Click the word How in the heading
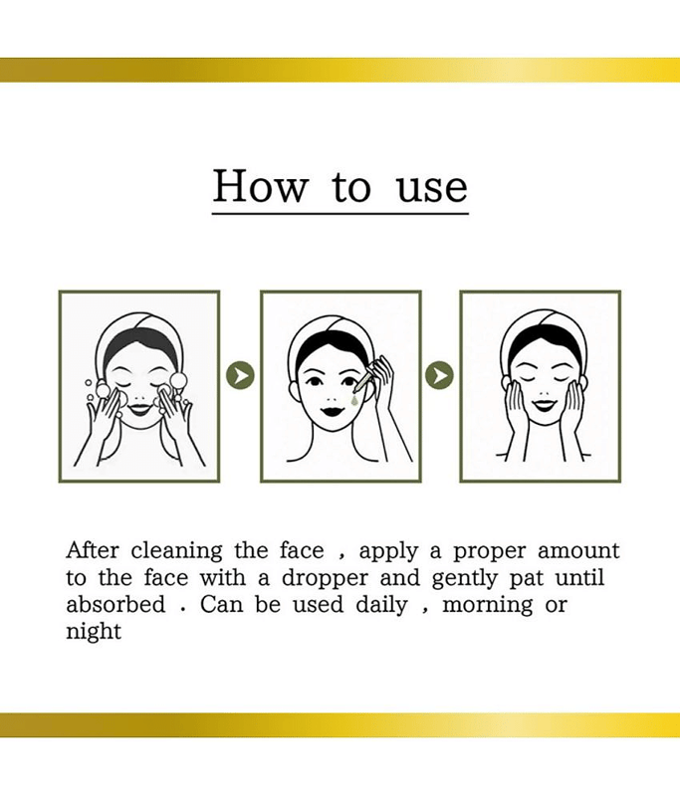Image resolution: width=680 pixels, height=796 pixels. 261,186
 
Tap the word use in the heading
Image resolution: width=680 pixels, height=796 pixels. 432,189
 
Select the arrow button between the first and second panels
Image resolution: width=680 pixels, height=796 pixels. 240,375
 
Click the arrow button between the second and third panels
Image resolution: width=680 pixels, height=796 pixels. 439,375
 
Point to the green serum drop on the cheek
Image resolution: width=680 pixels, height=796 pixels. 353,401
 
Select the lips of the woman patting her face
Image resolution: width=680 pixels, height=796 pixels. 543,405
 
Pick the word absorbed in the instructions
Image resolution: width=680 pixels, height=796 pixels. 115,604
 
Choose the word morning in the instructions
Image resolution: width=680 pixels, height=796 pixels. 488,606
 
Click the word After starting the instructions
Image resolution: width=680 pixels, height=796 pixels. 93,550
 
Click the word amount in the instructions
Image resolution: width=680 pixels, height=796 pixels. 578,551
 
